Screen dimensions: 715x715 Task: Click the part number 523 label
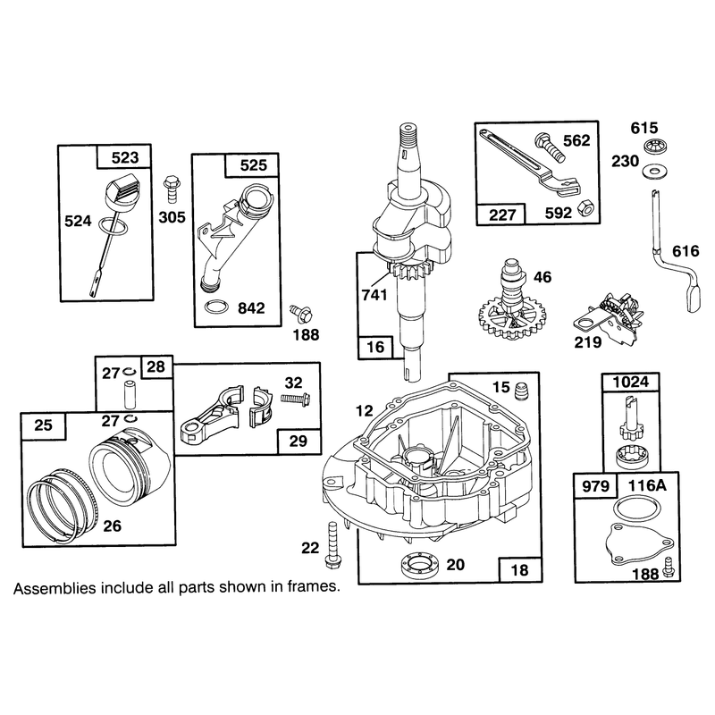coord(125,157)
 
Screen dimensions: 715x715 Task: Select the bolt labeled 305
coord(172,189)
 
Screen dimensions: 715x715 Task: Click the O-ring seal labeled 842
coord(216,307)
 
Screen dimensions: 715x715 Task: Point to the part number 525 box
coord(253,165)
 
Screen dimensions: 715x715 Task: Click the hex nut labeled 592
coord(585,208)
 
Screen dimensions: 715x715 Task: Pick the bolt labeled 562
coord(551,147)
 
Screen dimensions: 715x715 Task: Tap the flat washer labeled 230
coord(654,172)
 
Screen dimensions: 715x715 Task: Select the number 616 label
coord(686,251)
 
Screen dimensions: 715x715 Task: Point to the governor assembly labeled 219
coord(610,316)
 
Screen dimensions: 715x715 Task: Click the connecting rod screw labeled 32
coord(296,399)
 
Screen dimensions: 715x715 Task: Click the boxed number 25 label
coord(44,425)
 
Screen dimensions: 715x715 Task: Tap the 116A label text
coord(647,485)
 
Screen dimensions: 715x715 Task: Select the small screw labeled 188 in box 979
coord(669,568)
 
